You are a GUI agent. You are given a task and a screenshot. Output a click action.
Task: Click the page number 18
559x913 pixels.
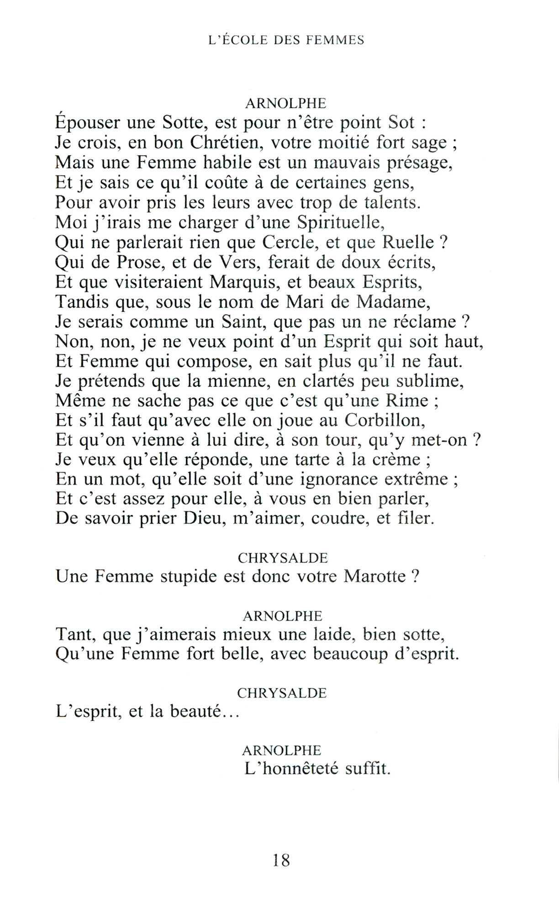[281, 861]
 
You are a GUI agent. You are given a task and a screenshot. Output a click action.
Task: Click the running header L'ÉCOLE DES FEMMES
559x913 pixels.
[286, 40]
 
